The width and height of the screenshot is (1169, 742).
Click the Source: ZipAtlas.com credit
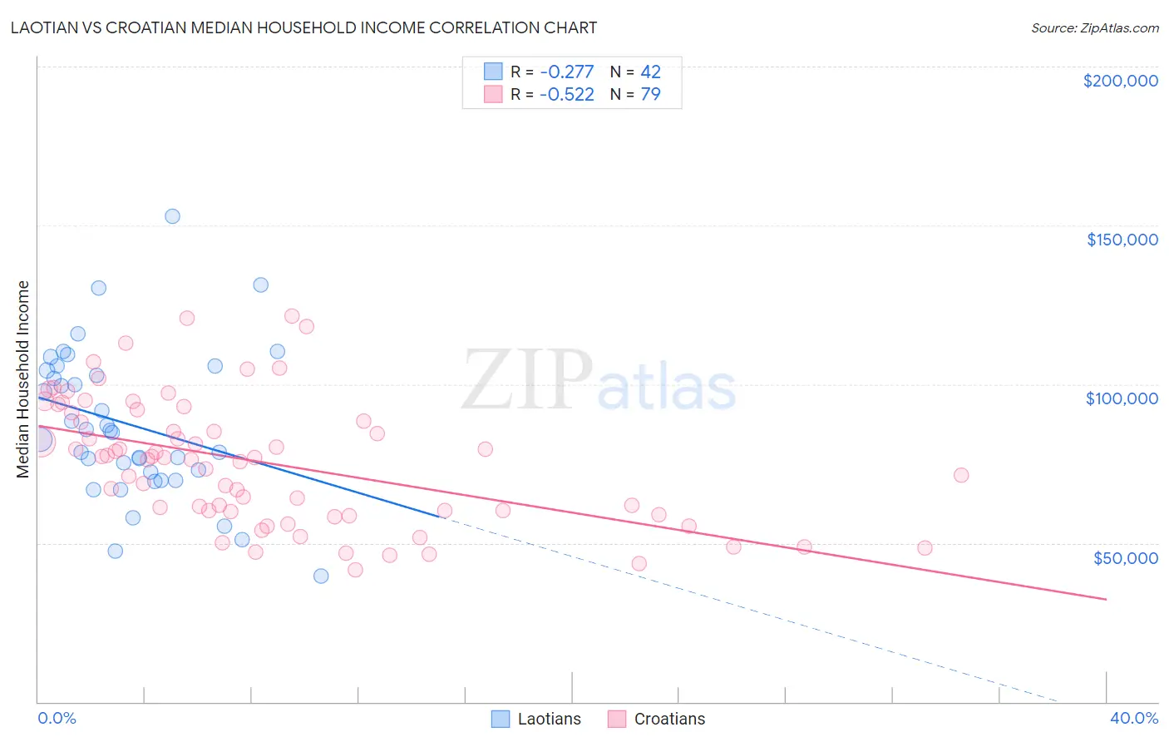pyautogui.click(x=1094, y=27)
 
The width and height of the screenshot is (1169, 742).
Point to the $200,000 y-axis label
pyautogui.click(x=1120, y=81)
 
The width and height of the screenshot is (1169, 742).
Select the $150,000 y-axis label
pyautogui.click(x=1122, y=240)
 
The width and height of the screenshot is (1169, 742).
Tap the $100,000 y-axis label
pyautogui.click(x=1122, y=398)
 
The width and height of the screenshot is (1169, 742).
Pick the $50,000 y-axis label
pyautogui.click(x=1125, y=557)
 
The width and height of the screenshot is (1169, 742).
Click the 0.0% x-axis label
pyautogui.click(x=57, y=718)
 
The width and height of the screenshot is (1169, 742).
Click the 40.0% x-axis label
pyautogui.click(x=1133, y=718)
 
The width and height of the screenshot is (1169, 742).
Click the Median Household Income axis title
pyautogui.click(x=23, y=379)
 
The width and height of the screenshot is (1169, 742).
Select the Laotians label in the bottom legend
pyautogui.click(x=549, y=719)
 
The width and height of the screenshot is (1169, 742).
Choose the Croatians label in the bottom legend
pyautogui.click(x=669, y=719)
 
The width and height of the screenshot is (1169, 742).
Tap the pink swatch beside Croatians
pyautogui.click(x=616, y=719)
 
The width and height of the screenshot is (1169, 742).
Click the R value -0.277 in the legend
pyautogui.click(x=566, y=72)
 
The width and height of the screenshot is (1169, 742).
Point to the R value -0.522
pyautogui.click(x=566, y=94)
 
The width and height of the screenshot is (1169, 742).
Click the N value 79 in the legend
pyautogui.click(x=650, y=94)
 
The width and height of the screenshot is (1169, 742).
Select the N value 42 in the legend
pyautogui.click(x=650, y=72)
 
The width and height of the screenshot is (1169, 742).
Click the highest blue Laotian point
pyautogui.click(x=172, y=216)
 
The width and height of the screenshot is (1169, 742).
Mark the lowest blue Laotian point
pyautogui.click(x=321, y=576)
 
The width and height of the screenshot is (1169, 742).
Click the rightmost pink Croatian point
pyautogui.click(x=961, y=475)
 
